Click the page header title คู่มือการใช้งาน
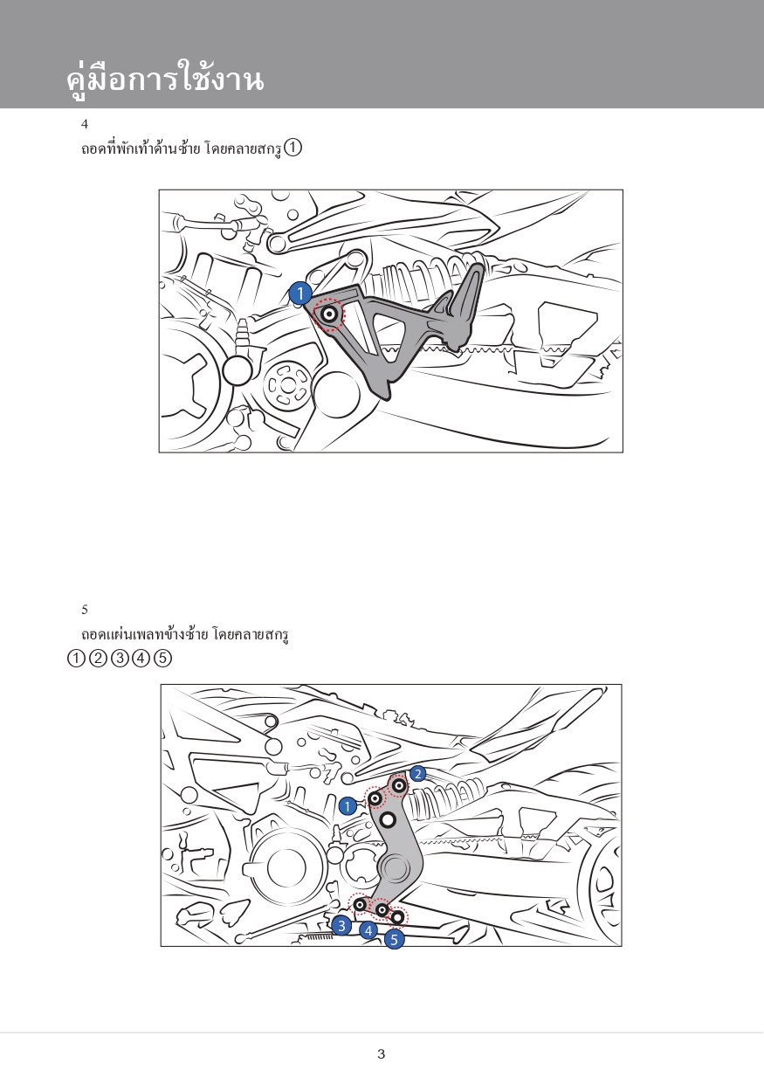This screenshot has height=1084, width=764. pyautogui.click(x=164, y=79)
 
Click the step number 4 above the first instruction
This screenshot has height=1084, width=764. pyautogui.click(x=85, y=124)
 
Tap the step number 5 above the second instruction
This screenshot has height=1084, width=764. pyautogui.click(x=85, y=610)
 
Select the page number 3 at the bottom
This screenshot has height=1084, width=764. pyautogui.click(x=381, y=1053)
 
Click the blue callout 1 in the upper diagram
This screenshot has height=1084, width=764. pyautogui.click(x=300, y=294)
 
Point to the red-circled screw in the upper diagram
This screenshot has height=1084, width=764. pyautogui.click(x=329, y=314)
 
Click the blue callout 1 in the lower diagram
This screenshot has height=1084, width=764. pyautogui.click(x=348, y=806)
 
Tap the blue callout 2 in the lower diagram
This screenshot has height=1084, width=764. pyautogui.click(x=418, y=774)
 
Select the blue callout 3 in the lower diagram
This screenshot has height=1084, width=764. pyautogui.click(x=341, y=925)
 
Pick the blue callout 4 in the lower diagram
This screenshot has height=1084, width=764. pyautogui.click(x=368, y=931)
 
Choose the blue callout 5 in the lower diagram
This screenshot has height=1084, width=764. pyautogui.click(x=395, y=940)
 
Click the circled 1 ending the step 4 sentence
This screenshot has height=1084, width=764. pyautogui.click(x=293, y=148)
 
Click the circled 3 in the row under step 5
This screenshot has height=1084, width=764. pyautogui.click(x=120, y=659)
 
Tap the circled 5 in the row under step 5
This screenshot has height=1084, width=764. pyautogui.click(x=163, y=659)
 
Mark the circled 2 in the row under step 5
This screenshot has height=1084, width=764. pyautogui.click(x=98, y=659)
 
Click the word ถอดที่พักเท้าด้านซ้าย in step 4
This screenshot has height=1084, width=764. pyautogui.click(x=141, y=149)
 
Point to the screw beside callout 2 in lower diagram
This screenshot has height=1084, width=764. pyautogui.click(x=399, y=786)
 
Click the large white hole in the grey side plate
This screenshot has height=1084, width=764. pyautogui.click(x=388, y=820)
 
